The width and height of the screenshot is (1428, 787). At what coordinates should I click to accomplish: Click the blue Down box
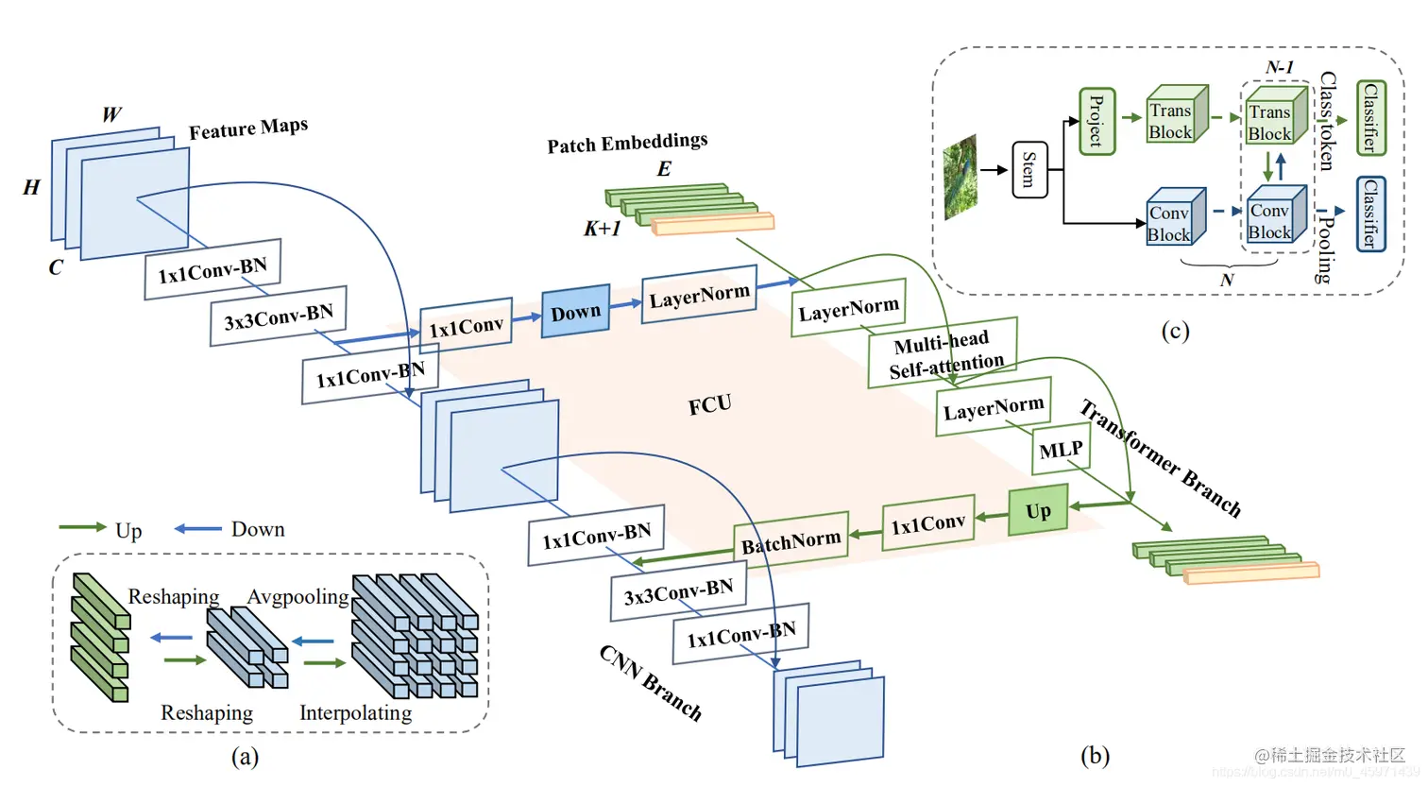(575, 312)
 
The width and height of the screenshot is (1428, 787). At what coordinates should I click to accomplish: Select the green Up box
(1038, 511)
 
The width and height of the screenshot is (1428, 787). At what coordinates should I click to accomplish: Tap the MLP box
(1061, 450)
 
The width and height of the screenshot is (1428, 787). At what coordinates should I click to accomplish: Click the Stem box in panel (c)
(1029, 170)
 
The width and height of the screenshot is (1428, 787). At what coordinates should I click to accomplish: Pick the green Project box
(1096, 122)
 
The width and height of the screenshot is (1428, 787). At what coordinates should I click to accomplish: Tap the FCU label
(709, 405)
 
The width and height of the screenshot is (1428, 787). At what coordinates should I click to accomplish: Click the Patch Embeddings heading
(627, 143)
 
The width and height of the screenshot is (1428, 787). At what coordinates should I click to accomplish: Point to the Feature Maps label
(248, 128)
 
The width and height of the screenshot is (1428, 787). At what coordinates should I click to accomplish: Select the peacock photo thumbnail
(960, 177)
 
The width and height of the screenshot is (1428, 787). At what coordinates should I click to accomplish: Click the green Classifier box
(1370, 118)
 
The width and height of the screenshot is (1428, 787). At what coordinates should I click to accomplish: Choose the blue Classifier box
(1370, 214)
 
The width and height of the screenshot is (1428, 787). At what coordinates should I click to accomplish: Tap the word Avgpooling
(297, 597)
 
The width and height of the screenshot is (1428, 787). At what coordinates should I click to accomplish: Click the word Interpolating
(355, 713)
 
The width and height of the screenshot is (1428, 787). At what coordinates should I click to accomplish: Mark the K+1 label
(602, 229)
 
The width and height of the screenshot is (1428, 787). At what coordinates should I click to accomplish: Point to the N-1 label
(1279, 67)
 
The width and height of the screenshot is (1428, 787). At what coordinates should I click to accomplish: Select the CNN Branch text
(651, 682)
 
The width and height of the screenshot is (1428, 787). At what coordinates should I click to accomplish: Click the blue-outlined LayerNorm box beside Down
(699, 297)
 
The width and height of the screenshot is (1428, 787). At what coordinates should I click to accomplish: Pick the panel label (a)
(245, 756)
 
